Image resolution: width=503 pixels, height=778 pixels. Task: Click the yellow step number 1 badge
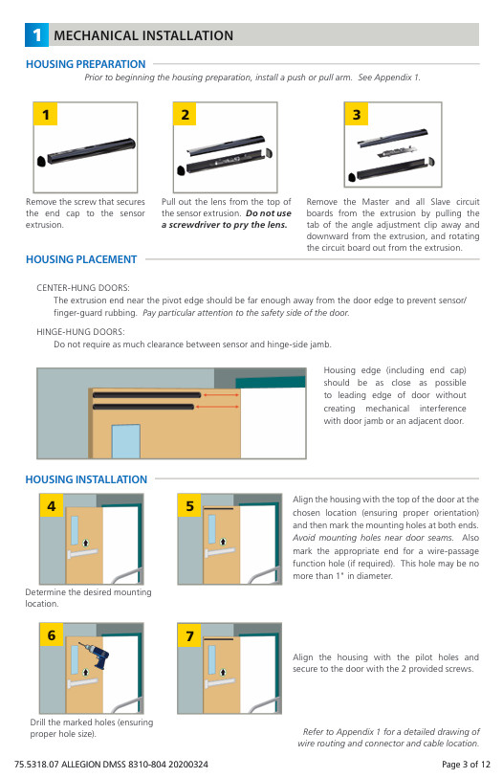pyautogui.click(x=45, y=114)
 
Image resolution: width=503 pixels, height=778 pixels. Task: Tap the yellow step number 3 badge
pyautogui.click(x=356, y=114)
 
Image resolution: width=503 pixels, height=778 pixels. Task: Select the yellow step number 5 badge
pyautogui.click(x=189, y=505)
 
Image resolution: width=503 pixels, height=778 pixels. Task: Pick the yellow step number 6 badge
pyautogui.click(x=52, y=634)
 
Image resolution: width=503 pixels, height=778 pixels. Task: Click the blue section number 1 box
pyautogui.click(x=36, y=34)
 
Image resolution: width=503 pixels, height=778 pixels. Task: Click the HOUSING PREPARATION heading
pyautogui.click(x=86, y=64)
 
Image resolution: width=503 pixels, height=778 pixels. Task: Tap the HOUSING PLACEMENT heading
pyautogui.click(x=81, y=259)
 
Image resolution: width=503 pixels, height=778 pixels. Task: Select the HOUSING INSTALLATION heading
pyautogui.click(x=86, y=479)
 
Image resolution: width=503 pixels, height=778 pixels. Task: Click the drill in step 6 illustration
pyautogui.click(x=95, y=656)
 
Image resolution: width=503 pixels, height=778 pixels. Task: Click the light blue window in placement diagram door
pyautogui.click(x=125, y=441)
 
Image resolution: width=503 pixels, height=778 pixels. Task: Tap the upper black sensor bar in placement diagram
pyautogui.click(x=146, y=395)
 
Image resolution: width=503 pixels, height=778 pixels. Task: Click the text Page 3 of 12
pyautogui.click(x=466, y=764)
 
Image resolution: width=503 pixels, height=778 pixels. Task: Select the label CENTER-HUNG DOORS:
pyautogui.click(x=83, y=288)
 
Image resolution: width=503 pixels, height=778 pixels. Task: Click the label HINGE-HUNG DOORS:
pyautogui.click(x=80, y=331)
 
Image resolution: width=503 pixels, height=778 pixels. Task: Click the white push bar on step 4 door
pyautogui.click(x=82, y=554)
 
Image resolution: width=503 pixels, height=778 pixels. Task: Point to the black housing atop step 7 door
pyautogui.click(x=218, y=639)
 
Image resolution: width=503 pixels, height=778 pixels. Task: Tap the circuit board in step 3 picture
pyautogui.click(x=395, y=151)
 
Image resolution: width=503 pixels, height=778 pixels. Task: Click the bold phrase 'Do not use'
pyautogui.click(x=269, y=213)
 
